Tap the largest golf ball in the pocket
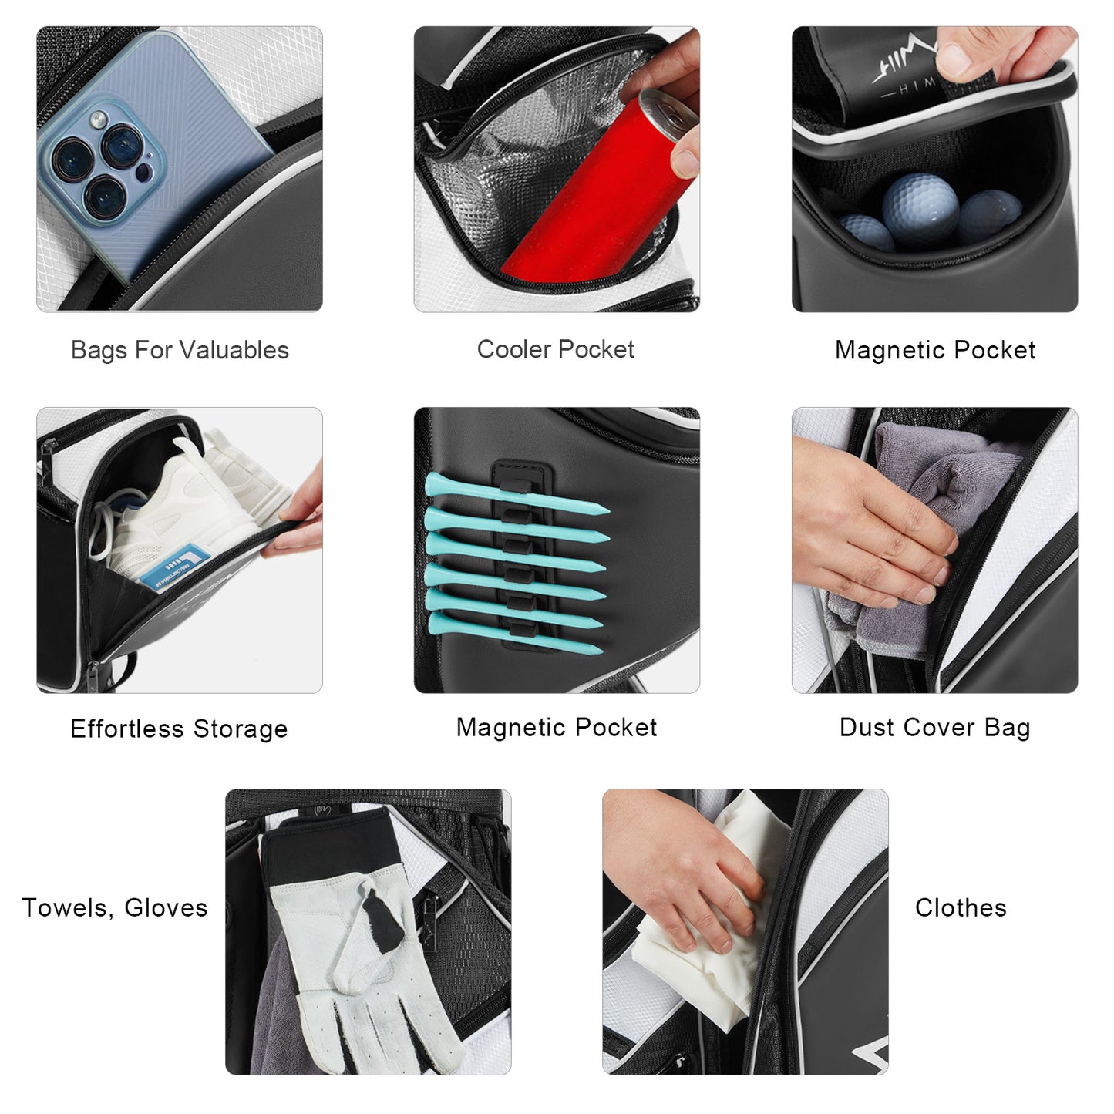(x=920, y=210)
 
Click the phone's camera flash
(x=99, y=119)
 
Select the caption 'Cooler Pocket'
(x=556, y=350)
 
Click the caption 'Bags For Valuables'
(x=180, y=350)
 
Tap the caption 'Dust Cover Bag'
(x=935, y=727)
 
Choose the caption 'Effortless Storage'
(x=179, y=729)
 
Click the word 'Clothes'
(x=961, y=907)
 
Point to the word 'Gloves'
(x=166, y=907)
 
